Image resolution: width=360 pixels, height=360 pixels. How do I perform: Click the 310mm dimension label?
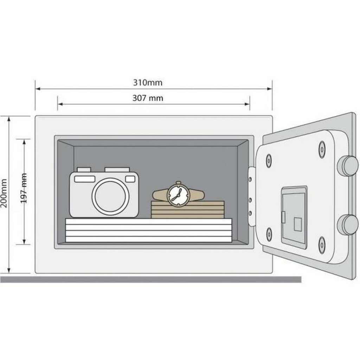(x=148, y=83)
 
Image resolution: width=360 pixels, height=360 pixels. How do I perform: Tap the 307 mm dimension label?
(x=148, y=98)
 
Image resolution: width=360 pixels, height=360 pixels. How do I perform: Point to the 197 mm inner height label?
(x=24, y=188)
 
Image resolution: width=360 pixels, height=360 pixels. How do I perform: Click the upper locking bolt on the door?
(x=348, y=166)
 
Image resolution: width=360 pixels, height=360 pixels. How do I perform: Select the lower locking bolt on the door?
(x=348, y=225)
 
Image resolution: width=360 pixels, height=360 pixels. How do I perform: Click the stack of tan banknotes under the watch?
(x=188, y=210)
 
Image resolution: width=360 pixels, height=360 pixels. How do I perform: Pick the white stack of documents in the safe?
(x=149, y=230)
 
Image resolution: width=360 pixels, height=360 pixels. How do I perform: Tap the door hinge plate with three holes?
(x=251, y=197)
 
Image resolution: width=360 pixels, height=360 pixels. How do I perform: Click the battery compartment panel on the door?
(x=294, y=218)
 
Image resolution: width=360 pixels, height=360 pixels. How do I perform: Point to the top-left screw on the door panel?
(x=269, y=160)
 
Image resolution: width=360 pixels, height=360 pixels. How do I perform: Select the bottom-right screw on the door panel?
(x=322, y=245)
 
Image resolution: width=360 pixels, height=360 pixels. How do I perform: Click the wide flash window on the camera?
(x=85, y=179)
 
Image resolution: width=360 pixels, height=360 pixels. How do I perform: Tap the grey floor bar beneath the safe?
(x=150, y=279)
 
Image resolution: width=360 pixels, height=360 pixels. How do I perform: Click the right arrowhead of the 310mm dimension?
(x=270, y=89)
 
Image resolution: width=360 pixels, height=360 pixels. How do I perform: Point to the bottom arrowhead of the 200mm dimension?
(x=9, y=270)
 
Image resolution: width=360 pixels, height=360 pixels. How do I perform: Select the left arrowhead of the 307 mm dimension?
(x=60, y=104)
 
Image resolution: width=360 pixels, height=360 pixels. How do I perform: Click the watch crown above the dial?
(x=178, y=183)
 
